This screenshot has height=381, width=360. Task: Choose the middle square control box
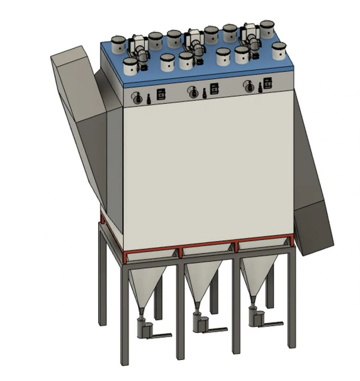(214, 89)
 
